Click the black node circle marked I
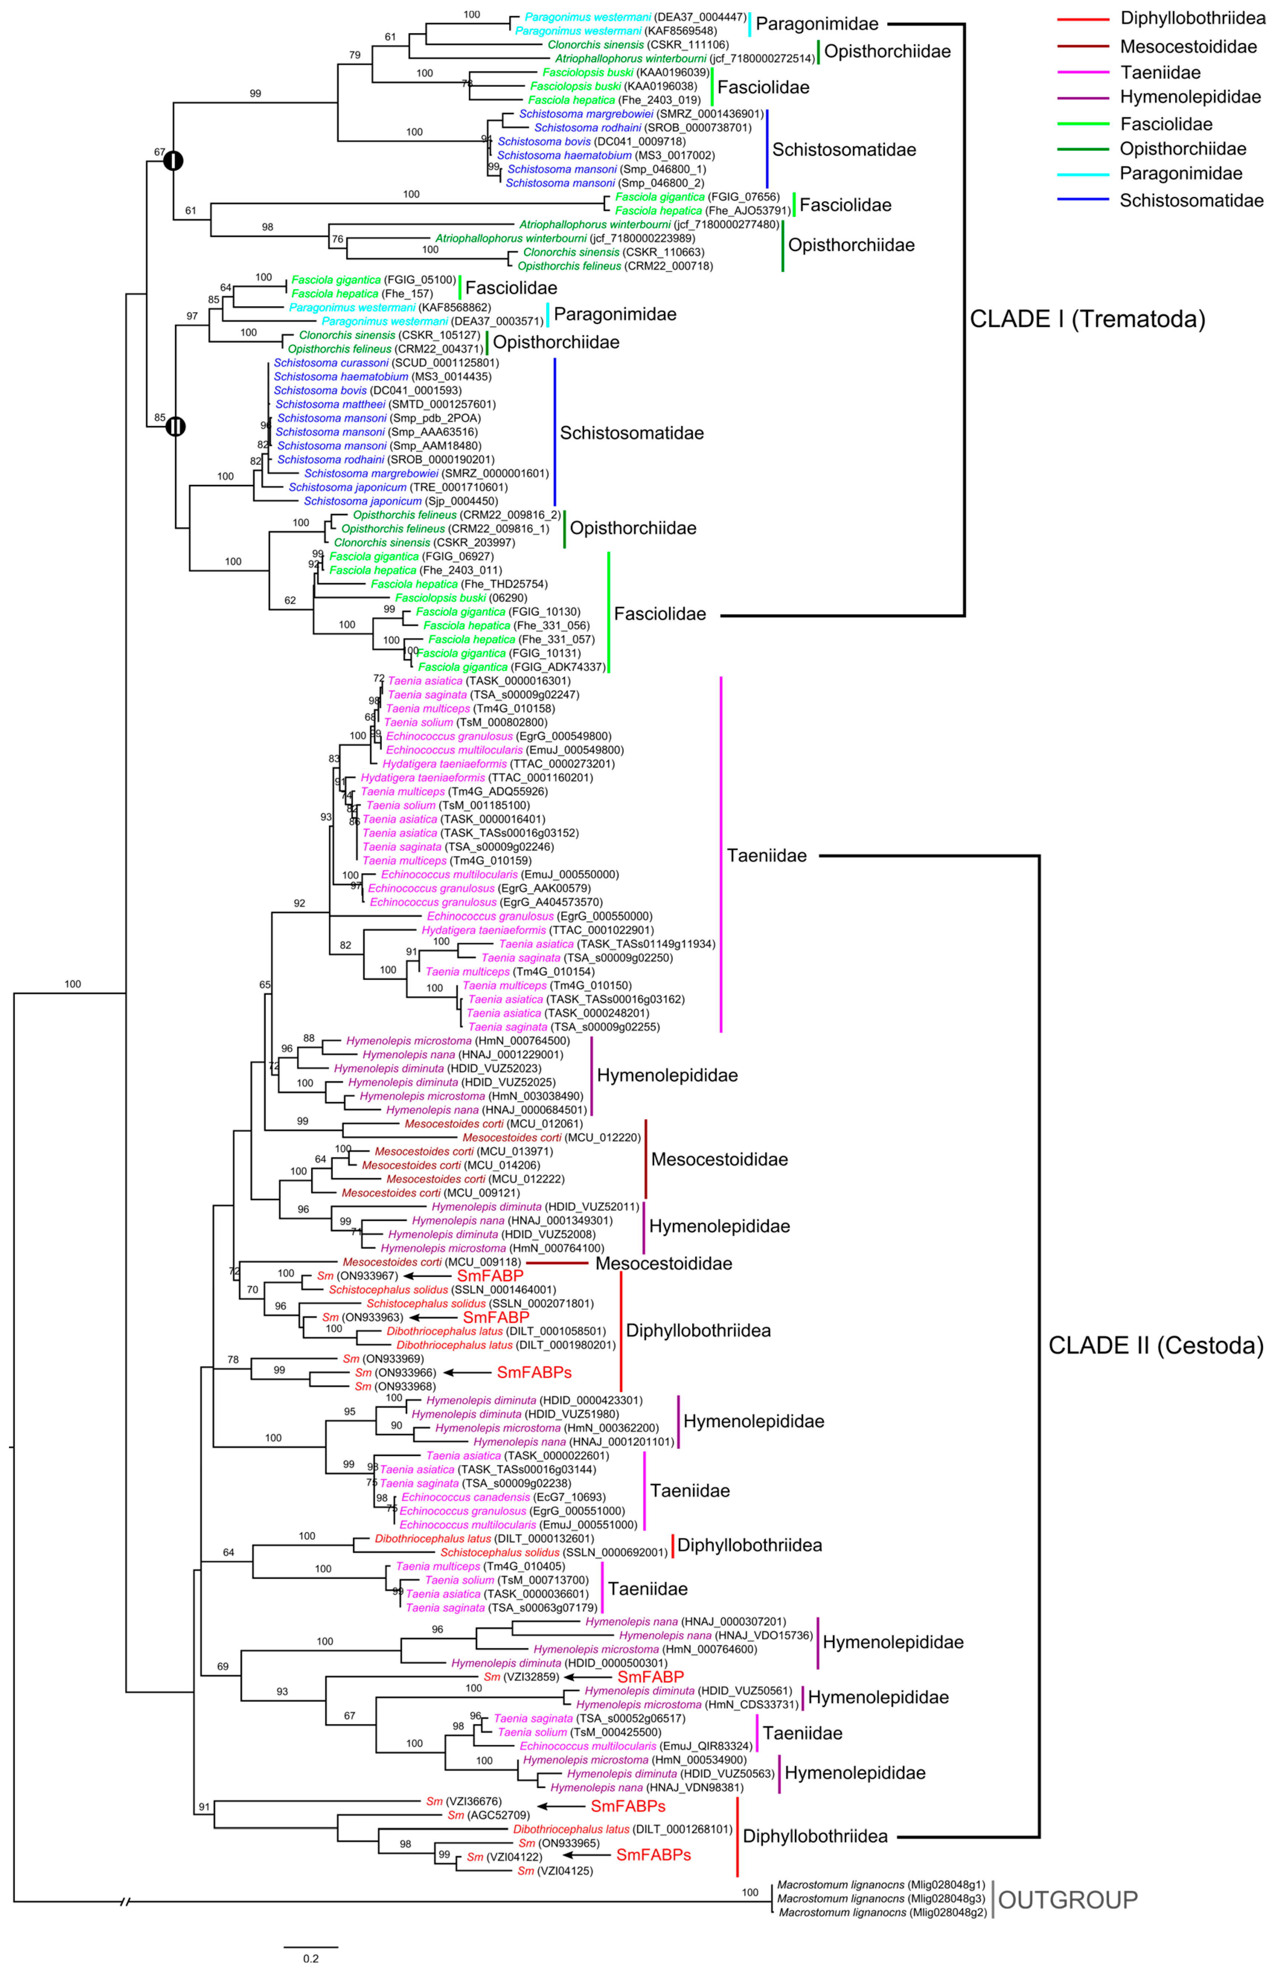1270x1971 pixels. (x=172, y=161)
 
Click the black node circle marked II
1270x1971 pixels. (x=175, y=426)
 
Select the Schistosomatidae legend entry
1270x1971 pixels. (x=1191, y=200)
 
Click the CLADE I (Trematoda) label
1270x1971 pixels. (x=1087, y=319)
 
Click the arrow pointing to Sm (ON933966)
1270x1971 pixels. (x=466, y=1372)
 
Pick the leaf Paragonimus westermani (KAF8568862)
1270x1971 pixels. (x=390, y=307)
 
